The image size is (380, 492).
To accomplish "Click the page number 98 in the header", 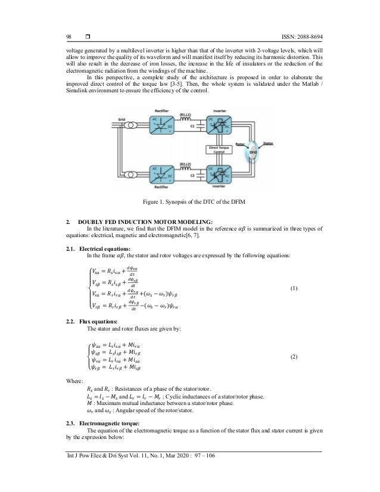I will coord(70,33).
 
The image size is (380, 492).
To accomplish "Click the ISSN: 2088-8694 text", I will coord(293,33).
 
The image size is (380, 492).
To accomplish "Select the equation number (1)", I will coord(296,288).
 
